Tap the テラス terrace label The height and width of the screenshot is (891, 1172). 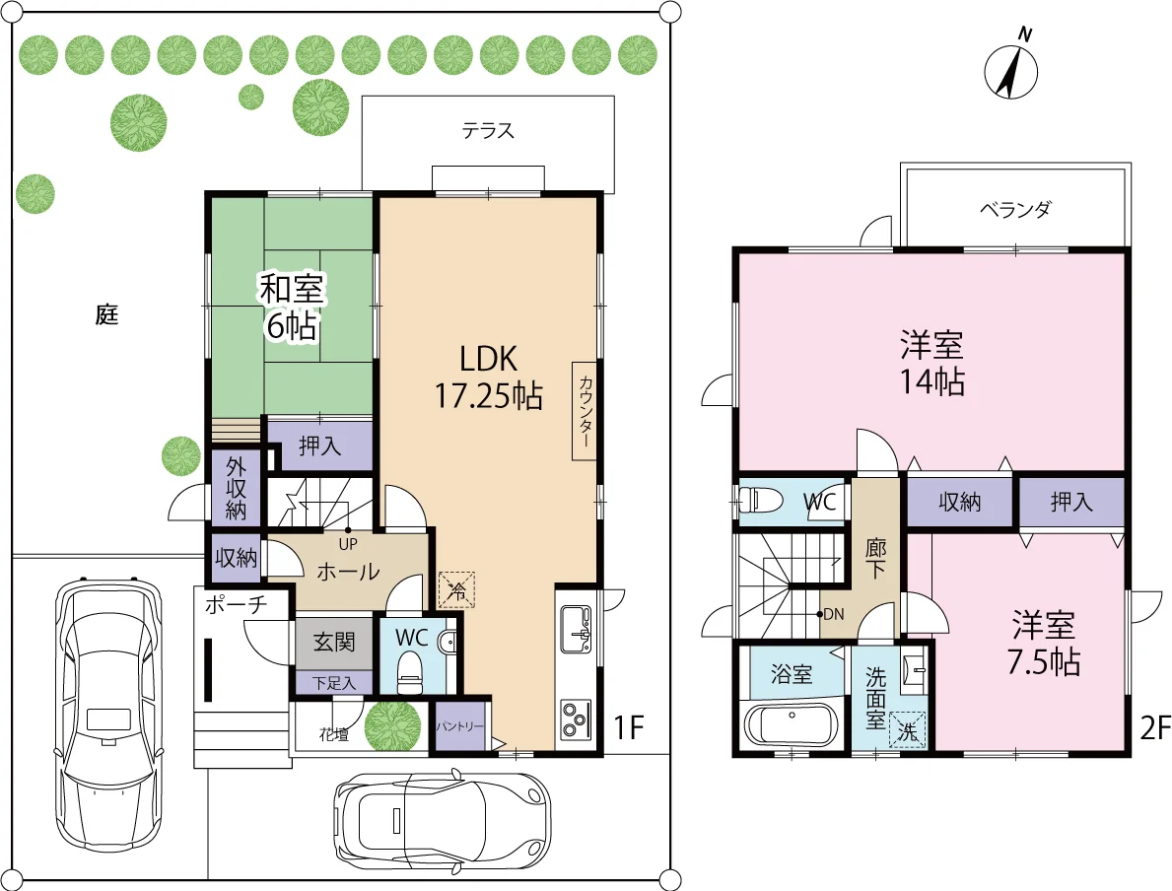click(488, 131)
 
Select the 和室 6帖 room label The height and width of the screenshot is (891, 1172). click(291, 308)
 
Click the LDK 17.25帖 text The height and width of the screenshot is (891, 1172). click(489, 377)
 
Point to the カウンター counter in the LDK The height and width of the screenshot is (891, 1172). click(585, 411)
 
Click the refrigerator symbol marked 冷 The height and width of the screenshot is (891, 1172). click(456, 589)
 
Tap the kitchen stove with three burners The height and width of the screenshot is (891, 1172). click(575, 720)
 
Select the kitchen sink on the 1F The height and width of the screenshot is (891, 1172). click(575, 630)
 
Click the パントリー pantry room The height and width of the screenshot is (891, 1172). click(459, 725)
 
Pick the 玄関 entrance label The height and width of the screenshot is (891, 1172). click(334, 642)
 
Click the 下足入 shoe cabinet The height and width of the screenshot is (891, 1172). click(334, 682)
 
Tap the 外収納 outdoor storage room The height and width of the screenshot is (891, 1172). click(236, 488)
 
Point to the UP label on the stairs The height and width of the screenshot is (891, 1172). click(348, 544)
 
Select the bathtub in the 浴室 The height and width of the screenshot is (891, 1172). click(791, 725)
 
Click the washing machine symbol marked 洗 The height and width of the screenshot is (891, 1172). click(908, 730)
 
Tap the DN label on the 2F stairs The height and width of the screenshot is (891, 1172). click(833, 614)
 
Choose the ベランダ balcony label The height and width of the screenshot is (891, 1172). click(1015, 209)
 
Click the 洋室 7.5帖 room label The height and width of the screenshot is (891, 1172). click(1044, 643)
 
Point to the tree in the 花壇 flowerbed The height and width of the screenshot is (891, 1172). click(392, 725)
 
